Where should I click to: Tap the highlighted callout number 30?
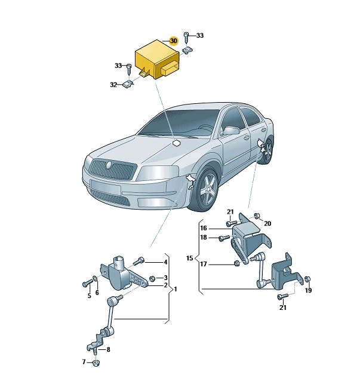point(173,41)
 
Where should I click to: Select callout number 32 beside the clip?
point(113,85)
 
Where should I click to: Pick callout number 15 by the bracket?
point(190,259)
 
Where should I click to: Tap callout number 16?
point(203,229)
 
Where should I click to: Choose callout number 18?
point(203,238)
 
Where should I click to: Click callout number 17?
point(204,265)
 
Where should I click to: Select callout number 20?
point(267,223)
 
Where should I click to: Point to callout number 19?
point(308,290)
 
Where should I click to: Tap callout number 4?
point(166,262)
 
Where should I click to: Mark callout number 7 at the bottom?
point(84,362)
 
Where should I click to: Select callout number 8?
point(108,349)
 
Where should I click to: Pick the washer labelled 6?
point(96,281)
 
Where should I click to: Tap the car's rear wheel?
point(266,149)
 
